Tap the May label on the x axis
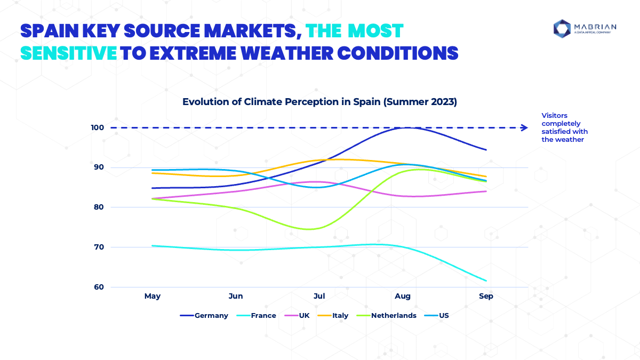(x=152, y=296)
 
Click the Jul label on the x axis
(x=319, y=296)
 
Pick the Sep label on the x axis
(x=486, y=296)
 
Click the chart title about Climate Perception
(x=319, y=102)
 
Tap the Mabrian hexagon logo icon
(x=562, y=29)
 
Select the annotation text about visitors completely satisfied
(x=564, y=127)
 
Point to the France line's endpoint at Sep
(x=486, y=281)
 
